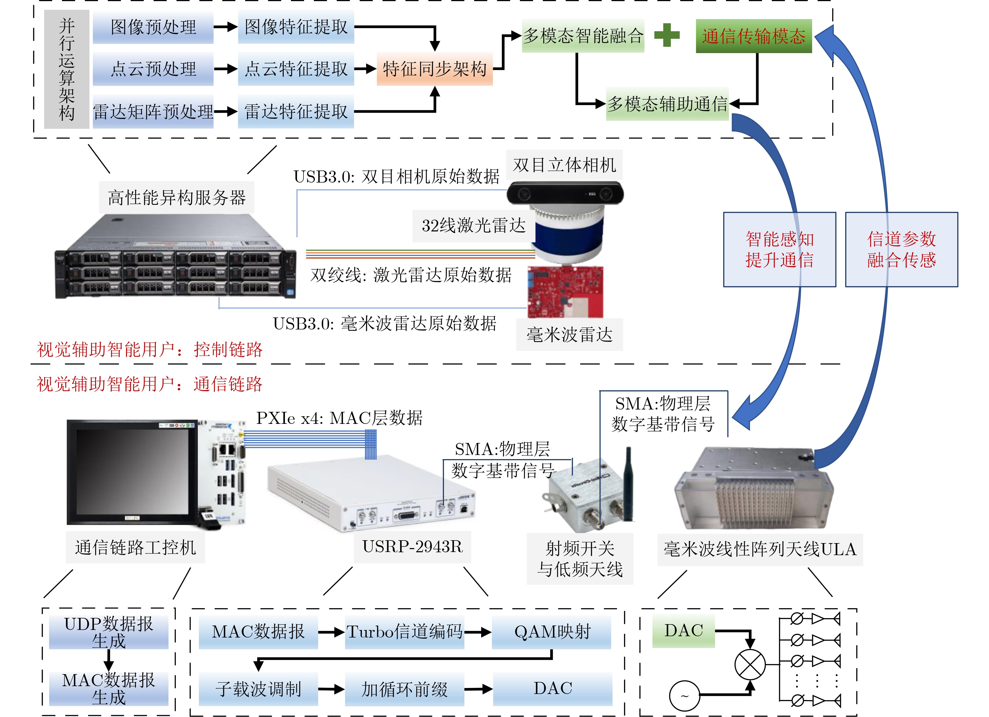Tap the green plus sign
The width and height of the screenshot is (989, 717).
(x=667, y=35)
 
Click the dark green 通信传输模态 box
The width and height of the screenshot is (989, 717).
(x=754, y=36)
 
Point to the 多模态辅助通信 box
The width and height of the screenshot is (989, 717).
(x=667, y=104)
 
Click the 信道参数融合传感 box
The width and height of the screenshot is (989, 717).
(x=901, y=249)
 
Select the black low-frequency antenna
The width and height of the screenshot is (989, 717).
(x=628, y=484)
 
